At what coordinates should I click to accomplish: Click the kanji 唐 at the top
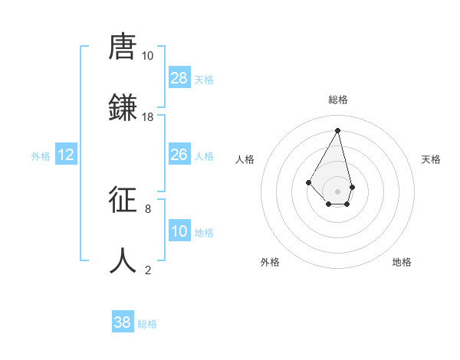[123, 48]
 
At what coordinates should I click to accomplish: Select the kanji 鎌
[123, 109]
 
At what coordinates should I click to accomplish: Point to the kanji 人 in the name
[123, 260]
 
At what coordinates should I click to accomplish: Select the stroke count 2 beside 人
[148, 269]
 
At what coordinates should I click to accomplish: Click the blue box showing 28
[179, 78]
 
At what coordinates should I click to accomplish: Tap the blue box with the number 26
[179, 155]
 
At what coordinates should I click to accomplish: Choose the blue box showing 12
[66, 155]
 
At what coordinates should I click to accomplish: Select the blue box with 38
[123, 322]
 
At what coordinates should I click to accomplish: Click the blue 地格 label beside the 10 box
[204, 233]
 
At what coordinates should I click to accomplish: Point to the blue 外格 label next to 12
[41, 156]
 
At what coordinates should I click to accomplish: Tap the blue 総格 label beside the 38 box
[147, 324]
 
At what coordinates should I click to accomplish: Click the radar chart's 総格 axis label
[338, 100]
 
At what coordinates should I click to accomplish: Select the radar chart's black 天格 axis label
[431, 159]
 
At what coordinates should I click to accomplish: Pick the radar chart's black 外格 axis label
[270, 262]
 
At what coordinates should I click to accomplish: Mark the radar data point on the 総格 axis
[338, 130]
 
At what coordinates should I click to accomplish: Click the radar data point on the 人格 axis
[308, 182]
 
